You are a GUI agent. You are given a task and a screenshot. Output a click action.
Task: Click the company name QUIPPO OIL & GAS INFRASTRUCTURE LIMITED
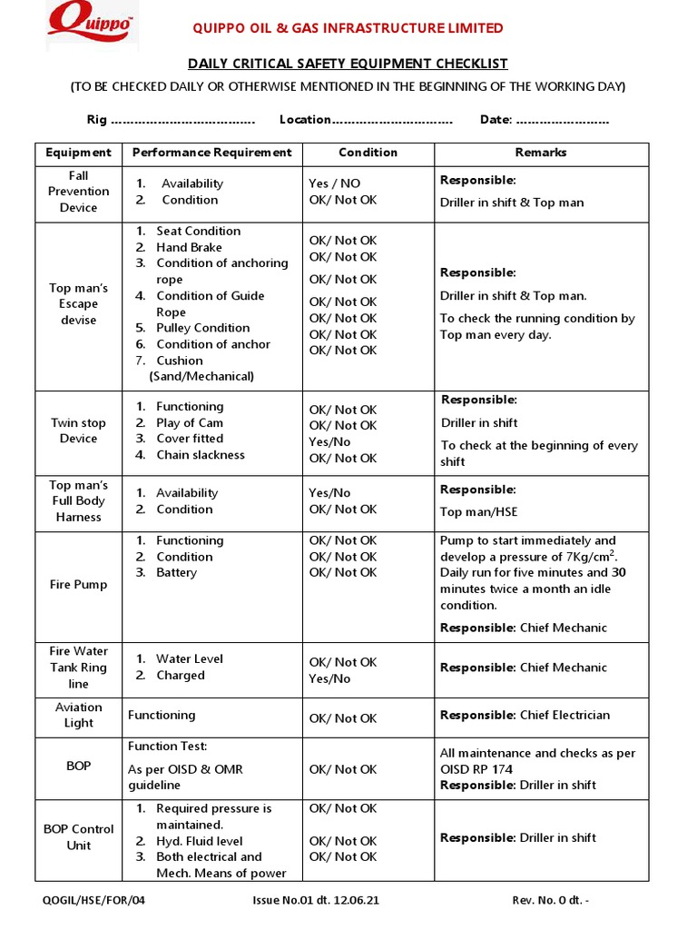pos(348,28)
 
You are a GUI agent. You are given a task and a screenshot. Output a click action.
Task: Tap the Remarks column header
pos(541,153)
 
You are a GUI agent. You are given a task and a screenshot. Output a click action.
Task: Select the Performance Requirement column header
pos(211,153)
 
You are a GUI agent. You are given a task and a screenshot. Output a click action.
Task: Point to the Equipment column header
pos(78,153)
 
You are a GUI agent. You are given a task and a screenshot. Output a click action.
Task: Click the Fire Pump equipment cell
pos(78,585)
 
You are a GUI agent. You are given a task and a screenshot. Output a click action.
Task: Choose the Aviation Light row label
pos(78,715)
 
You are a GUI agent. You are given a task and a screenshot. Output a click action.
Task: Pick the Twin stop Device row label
pos(78,430)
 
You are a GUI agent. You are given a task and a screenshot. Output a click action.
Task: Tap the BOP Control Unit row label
pos(78,837)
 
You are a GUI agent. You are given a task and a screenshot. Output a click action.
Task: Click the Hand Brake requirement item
pos(189,247)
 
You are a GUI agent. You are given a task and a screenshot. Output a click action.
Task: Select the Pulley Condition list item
pos(202,328)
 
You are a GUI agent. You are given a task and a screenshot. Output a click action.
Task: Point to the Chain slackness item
pos(200,455)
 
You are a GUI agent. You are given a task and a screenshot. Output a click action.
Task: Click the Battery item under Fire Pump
pos(176,573)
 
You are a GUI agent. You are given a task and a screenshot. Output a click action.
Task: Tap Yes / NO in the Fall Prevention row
pos(334,183)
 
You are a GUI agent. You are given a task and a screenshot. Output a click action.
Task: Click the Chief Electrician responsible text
pos(564,715)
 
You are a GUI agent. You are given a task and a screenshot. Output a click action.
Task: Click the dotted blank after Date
pos(563,121)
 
